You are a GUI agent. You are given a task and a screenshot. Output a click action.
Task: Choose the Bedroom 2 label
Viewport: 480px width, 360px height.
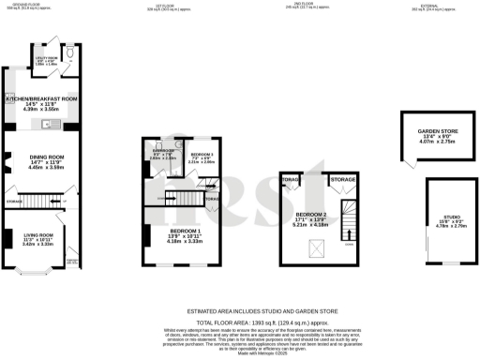(x=313, y=215)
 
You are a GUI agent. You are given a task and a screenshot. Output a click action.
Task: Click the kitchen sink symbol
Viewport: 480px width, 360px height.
(x=56, y=123)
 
